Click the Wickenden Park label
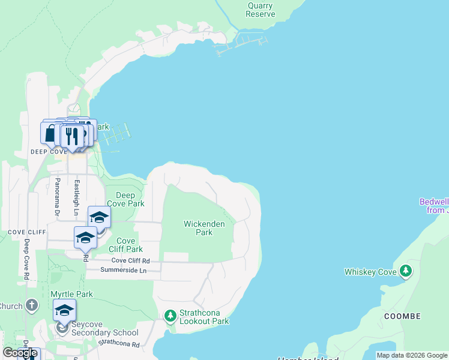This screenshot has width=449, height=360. click(x=204, y=228)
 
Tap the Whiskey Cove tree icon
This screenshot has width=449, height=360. click(x=406, y=271)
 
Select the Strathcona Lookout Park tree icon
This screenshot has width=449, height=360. click(x=170, y=315)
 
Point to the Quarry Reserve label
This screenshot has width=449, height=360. click(x=261, y=10)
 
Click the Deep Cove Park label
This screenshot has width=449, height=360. click(x=125, y=199)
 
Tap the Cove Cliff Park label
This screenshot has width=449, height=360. click(x=125, y=245)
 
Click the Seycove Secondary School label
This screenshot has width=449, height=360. click(x=105, y=332)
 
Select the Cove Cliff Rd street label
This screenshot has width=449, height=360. click(x=130, y=261)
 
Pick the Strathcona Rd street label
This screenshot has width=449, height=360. click(x=119, y=344)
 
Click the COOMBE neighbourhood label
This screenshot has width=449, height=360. click(x=402, y=316)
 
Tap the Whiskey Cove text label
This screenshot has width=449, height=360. click(x=370, y=272)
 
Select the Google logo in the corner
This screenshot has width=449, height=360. click(x=20, y=353)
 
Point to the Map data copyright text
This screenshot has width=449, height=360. click(x=412, y=355)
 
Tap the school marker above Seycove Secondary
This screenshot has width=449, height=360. click(x=64, y=310)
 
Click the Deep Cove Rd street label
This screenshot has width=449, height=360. click(x=26, y=259)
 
